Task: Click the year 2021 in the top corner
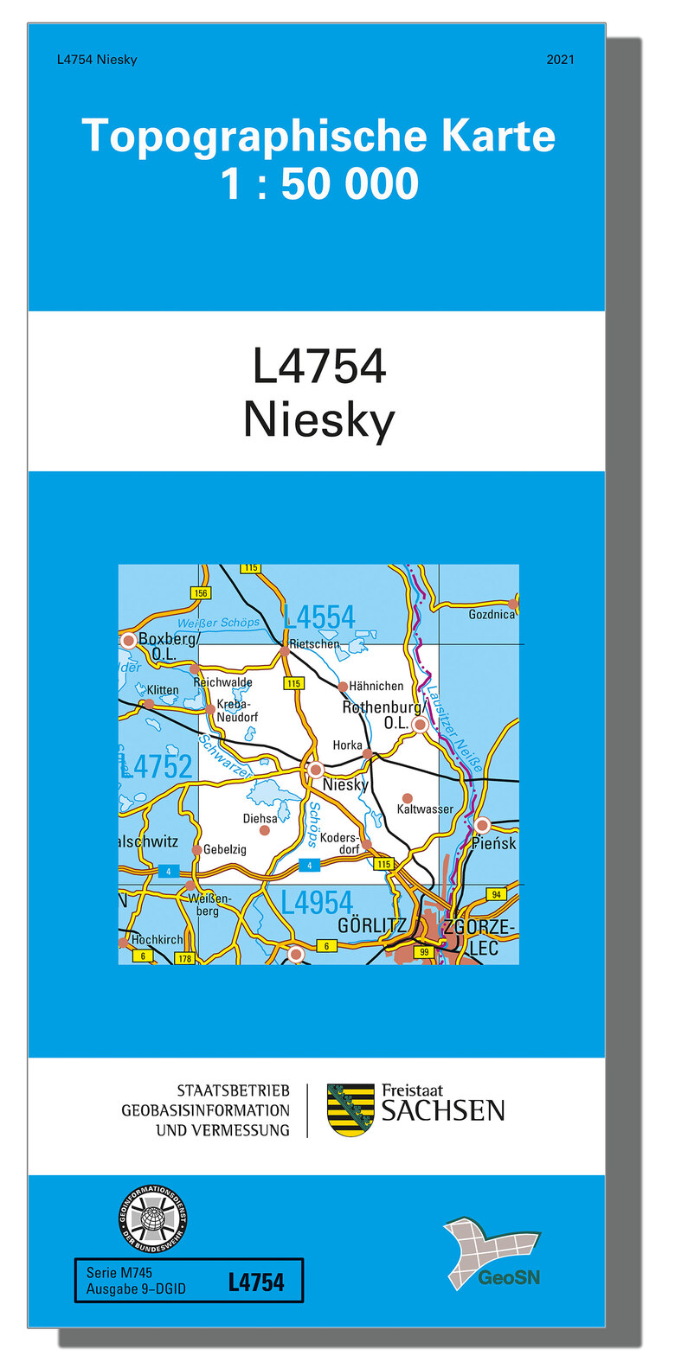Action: (x=560, y=60)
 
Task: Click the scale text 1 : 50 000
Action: (x=319, y=184)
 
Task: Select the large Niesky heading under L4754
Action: (x=319, y=420)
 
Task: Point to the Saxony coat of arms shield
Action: (x=350, y=1109)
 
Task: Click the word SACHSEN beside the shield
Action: (x=443, y=1111)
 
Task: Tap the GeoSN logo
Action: (x=492, y=1253)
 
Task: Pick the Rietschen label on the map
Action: (x=315, y=644)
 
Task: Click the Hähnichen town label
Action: (x=376, y=686)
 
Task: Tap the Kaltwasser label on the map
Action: (x=425, y=809)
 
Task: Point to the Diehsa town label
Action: (x=260, y=818)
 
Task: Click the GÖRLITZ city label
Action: (x=371, y=925)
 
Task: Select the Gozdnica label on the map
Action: (x=492, y=614)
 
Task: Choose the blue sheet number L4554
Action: (x=319, y=617)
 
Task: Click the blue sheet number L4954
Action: (x=317, y=903)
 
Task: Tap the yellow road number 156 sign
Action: (x=201, y=593)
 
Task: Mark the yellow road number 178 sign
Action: (x=184, y=958)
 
